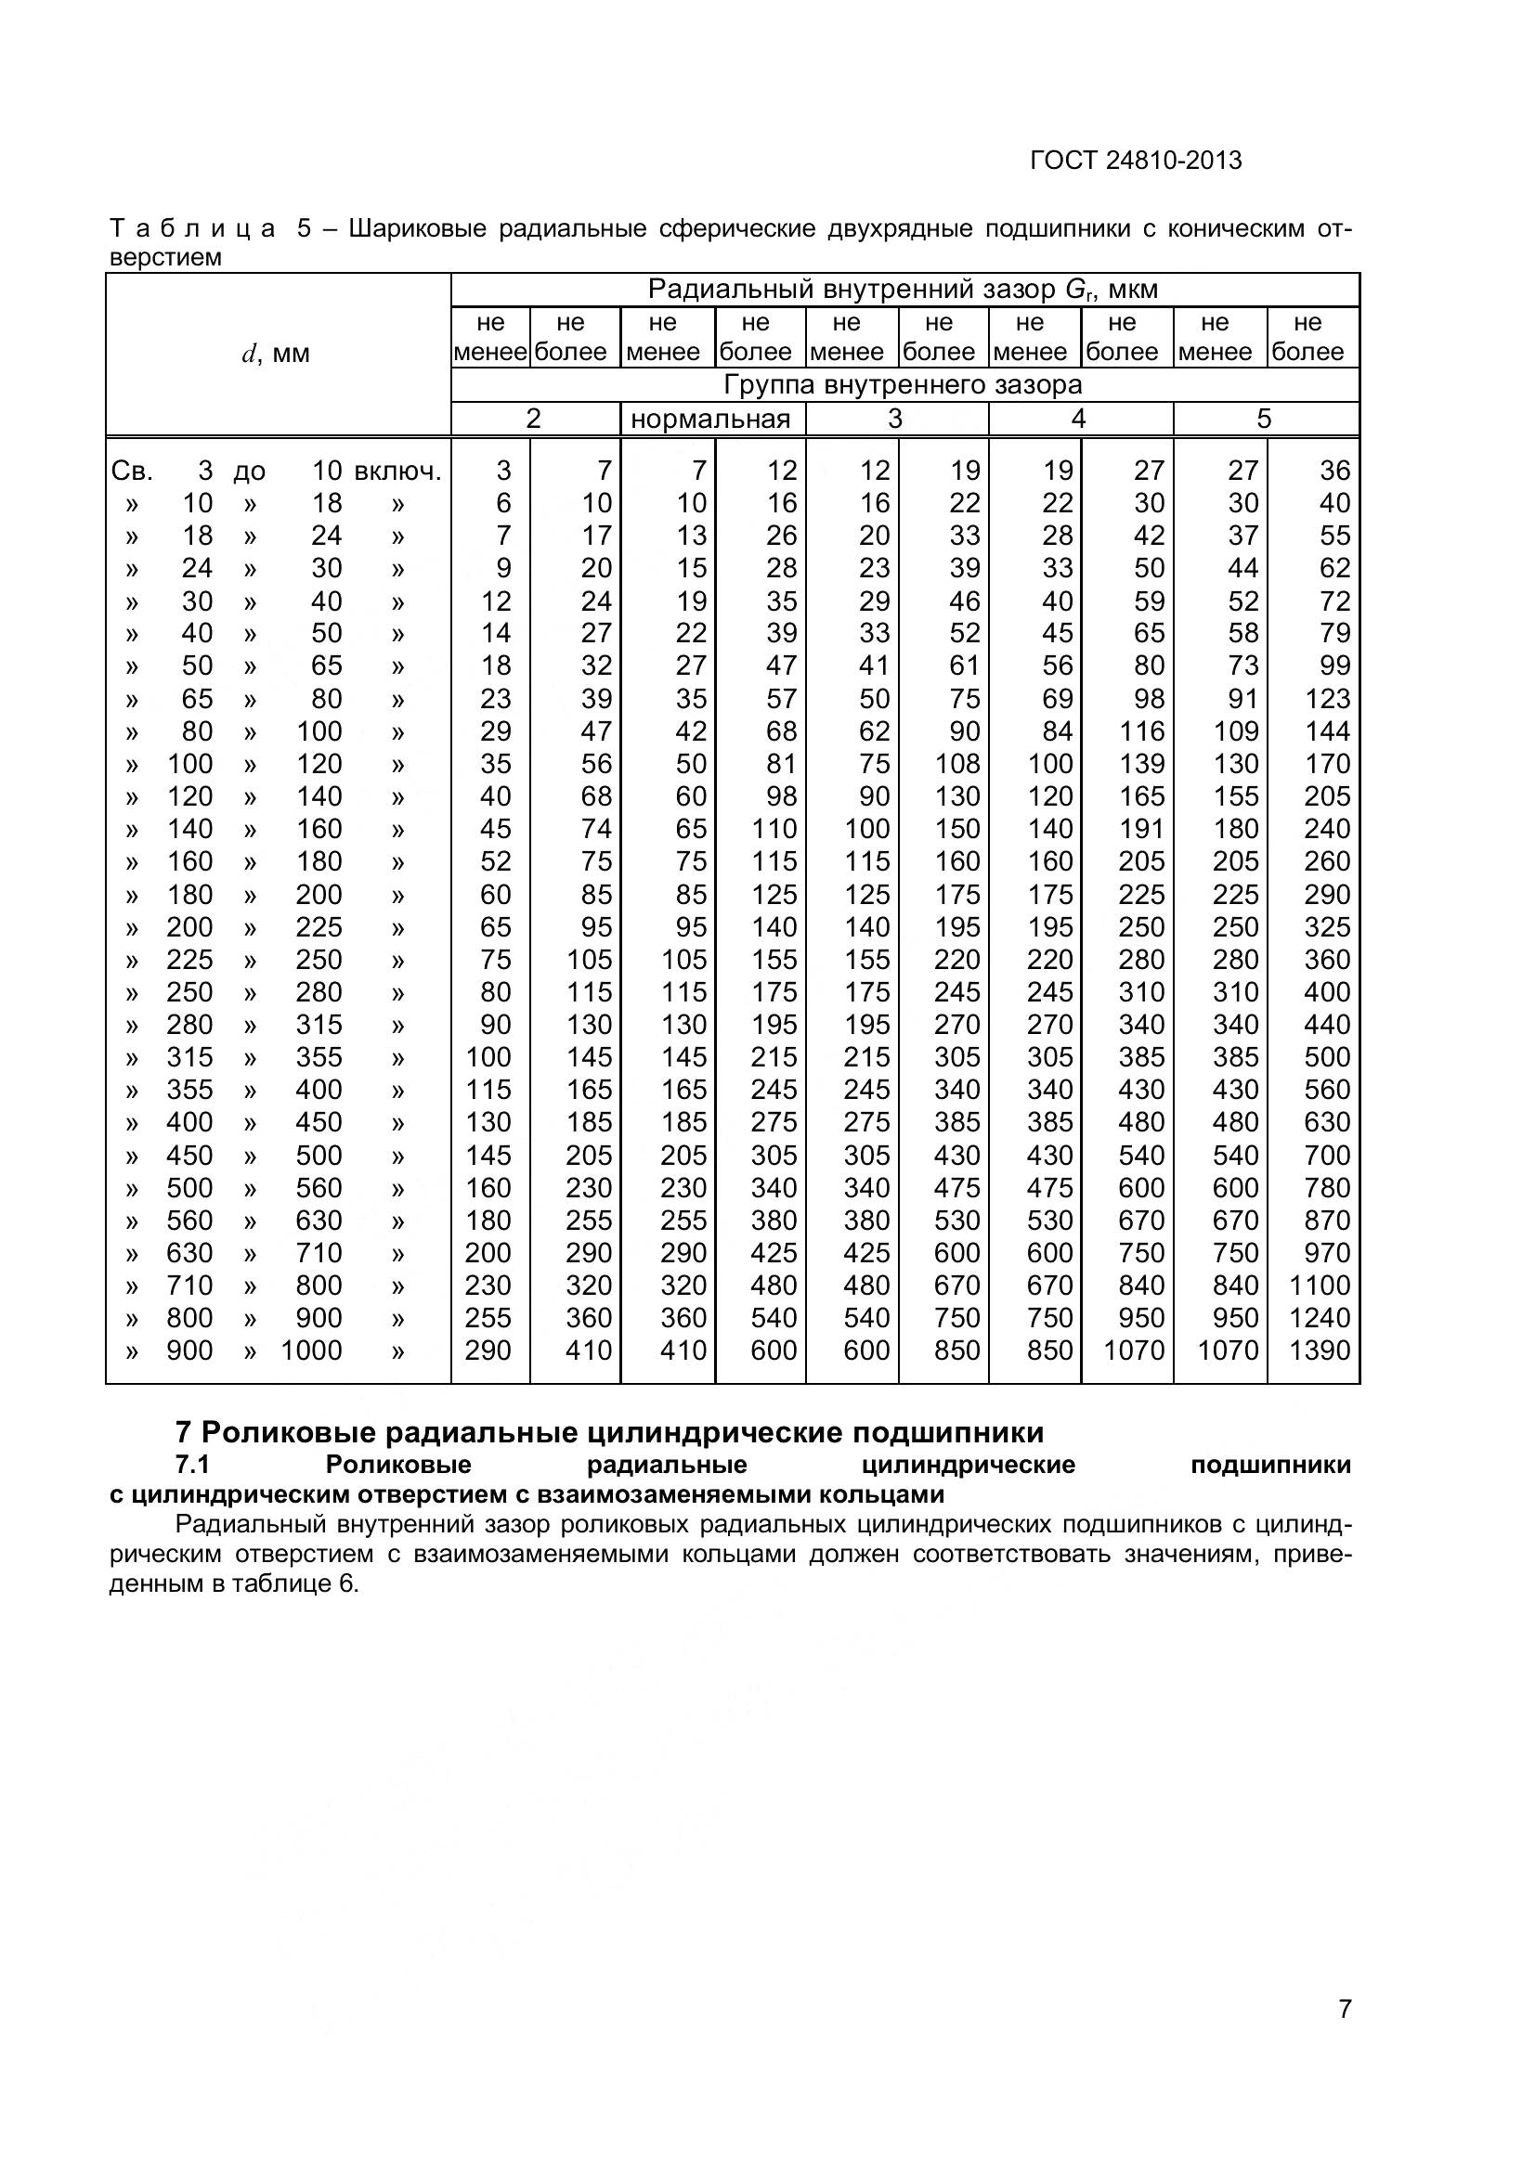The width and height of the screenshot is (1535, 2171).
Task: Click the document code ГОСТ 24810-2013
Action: tap(1135, 161)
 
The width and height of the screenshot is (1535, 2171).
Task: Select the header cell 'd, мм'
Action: tap(276, 355)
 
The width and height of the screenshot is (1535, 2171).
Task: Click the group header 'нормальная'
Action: tap(710, 419)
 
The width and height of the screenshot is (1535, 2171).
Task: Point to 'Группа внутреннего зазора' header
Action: tap(904, 385)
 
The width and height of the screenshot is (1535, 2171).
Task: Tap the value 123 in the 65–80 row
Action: tap(1327, 699)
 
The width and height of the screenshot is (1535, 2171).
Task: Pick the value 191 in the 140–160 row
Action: tap(1141, 828)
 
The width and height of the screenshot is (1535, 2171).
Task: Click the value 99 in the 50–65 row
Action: tap(1334, 666)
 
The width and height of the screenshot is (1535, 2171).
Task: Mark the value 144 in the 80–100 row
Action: tap(1327, 730)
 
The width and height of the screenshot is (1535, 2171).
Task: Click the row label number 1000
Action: tap(311, 1350)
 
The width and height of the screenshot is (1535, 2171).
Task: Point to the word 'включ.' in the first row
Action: tap(397, 471)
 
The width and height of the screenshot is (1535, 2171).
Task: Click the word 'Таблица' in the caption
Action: tap(192, 229)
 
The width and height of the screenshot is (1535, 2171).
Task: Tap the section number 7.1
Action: tap(193, 1465)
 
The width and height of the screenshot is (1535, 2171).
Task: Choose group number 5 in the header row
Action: tap(1264, 419)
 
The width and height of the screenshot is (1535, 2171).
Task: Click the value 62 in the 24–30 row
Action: tap(1334, 568)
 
